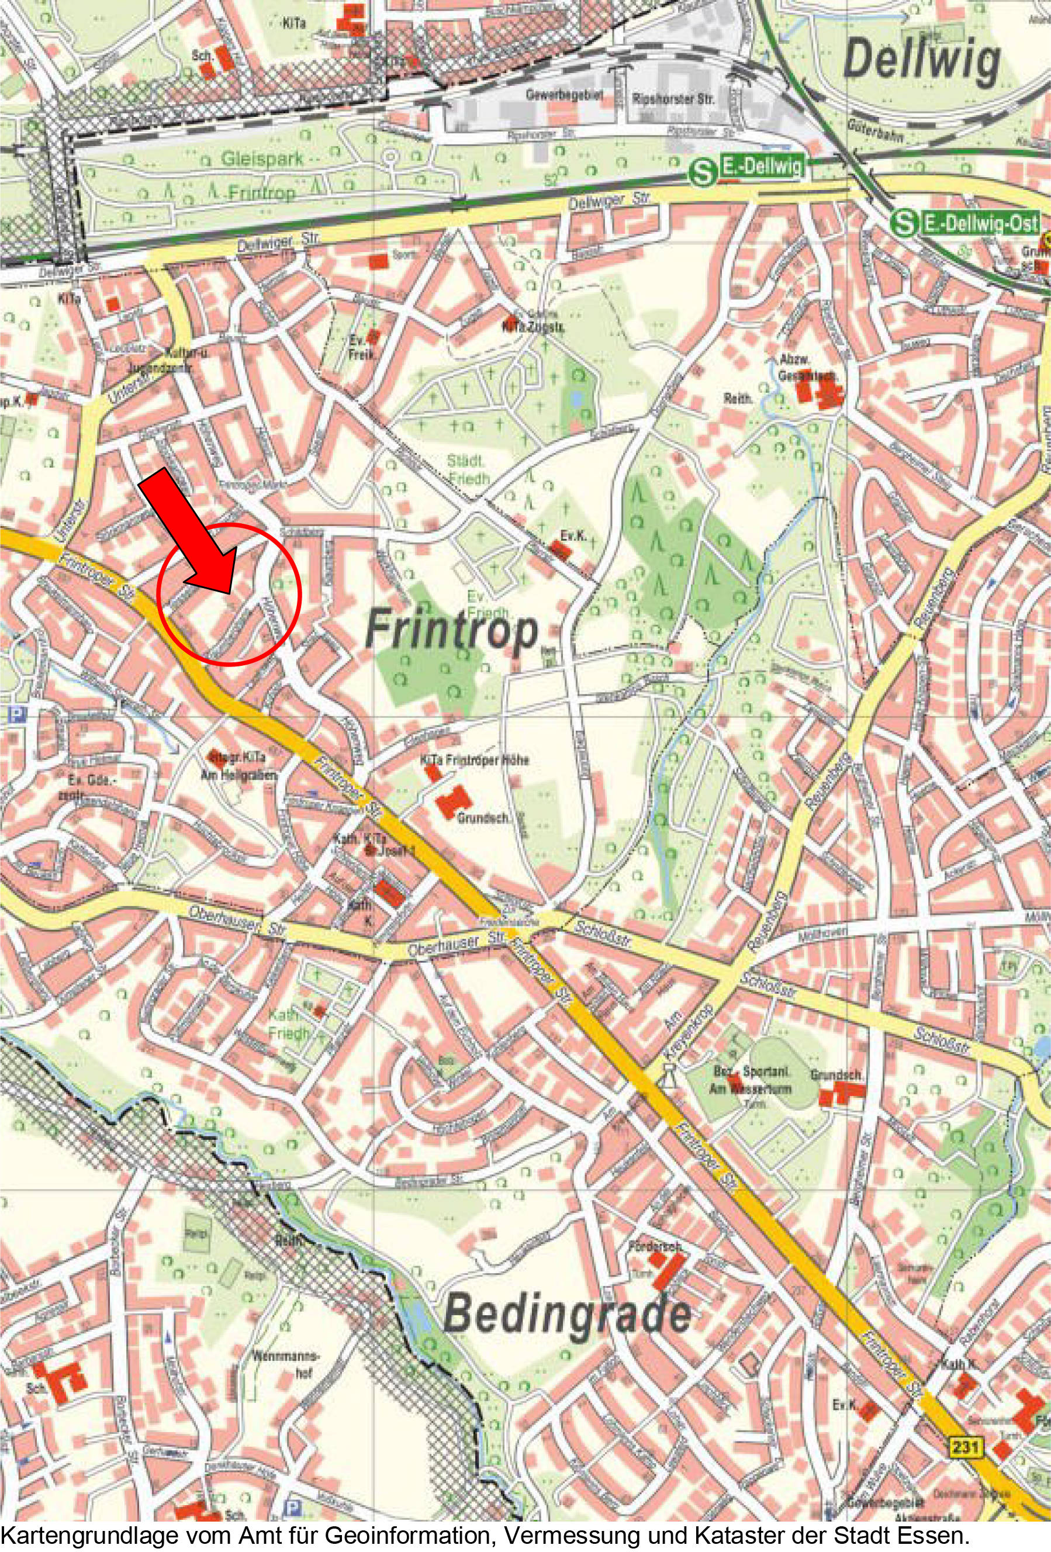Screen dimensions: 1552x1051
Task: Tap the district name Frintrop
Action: (x=452, y=630)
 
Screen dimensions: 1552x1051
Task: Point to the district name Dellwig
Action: (x=921, y=61)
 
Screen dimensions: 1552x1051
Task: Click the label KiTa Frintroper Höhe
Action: (x=474, y=759)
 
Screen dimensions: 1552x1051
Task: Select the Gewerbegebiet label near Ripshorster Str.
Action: (x=564, y=95)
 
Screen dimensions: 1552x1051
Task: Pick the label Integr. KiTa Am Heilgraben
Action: (x=236, y=763)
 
